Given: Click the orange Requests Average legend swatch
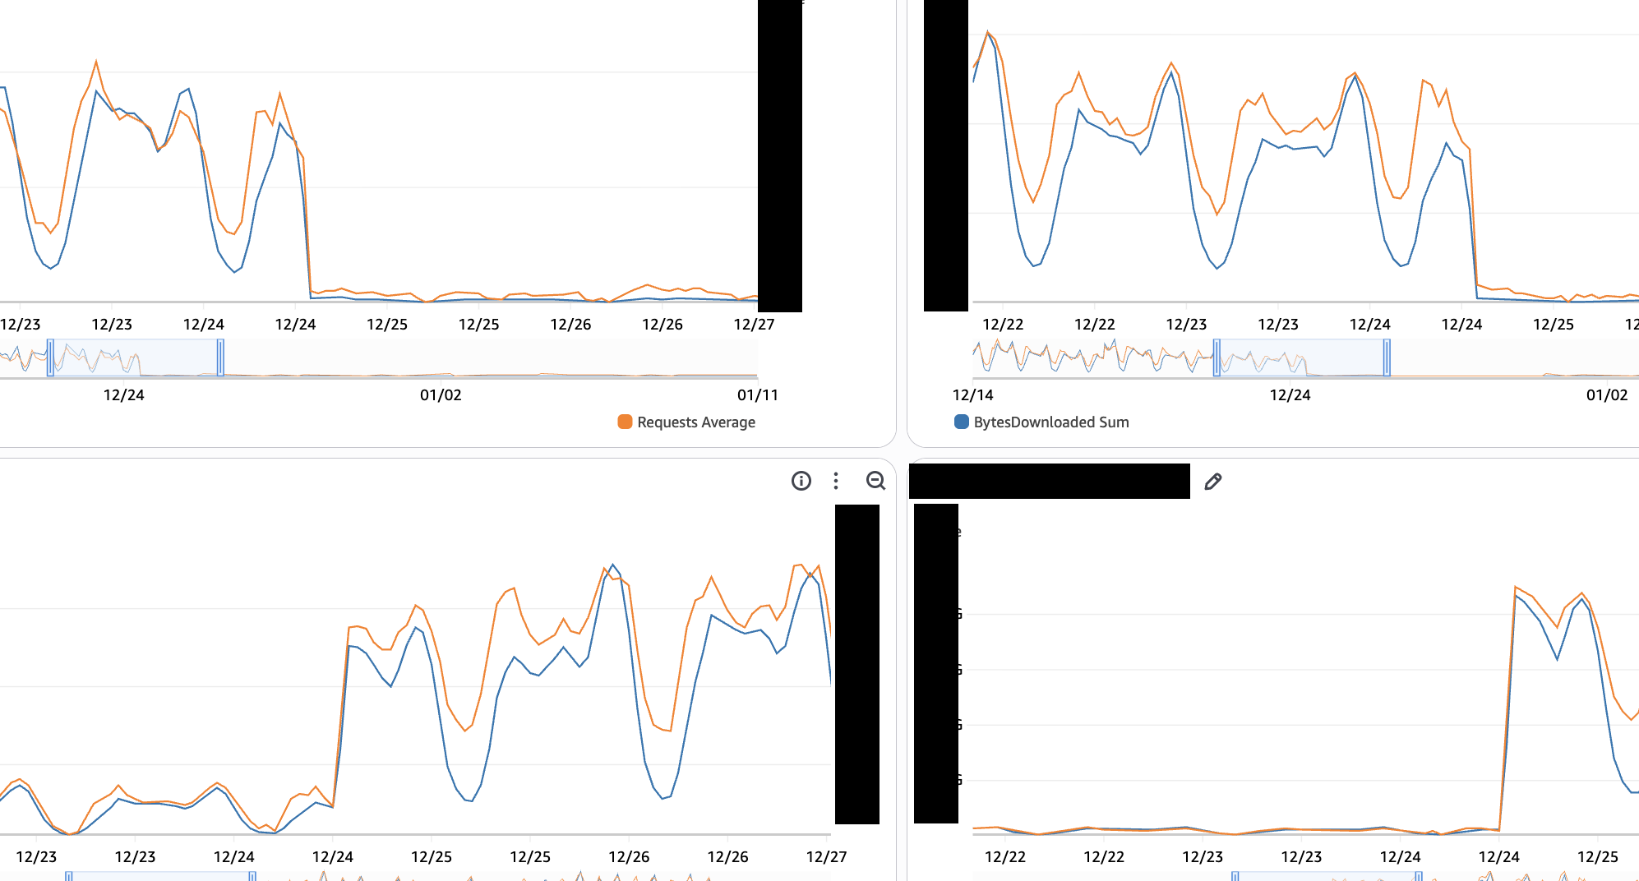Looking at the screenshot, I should [x=625, y=422].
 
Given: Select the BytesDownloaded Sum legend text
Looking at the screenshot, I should [x=1050, y=422].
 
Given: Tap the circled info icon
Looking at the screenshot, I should [x=801, y=481].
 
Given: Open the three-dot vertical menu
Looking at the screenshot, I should [x=836, y=481].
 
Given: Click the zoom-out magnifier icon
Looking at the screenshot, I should [x=875, y=481].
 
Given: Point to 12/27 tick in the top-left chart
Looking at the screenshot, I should [x=754, y=325].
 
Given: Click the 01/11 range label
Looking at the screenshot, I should [x=757, y=395].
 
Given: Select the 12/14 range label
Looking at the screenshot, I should [x=973, y=395].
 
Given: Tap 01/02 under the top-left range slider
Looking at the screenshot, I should [x=441, y=395].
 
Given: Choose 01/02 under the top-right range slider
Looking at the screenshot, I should [x=1606, y=395].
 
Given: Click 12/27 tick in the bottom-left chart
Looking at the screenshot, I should [x=826, y=857].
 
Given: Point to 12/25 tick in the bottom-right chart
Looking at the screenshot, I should [x=1597, y=857].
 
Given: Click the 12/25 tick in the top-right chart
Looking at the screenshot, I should [x=1553, y=325].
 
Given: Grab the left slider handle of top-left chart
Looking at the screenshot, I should [x=50, y=357].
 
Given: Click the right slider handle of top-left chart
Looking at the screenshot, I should [x=220, y=357].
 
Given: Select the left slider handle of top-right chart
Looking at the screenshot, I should [x=1217, y=357].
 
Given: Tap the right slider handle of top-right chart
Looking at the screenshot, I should [x=1387, y=357].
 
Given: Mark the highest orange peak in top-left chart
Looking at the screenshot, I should [x=96, y=62].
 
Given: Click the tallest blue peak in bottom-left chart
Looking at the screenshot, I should [x=613, y=565].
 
